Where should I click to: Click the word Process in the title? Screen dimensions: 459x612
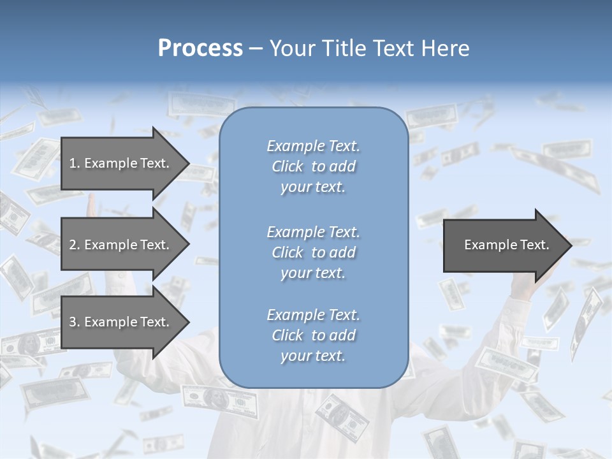(200, 48)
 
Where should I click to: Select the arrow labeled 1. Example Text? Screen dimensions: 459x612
(121, 163)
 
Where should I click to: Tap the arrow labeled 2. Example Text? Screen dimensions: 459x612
(121, 245)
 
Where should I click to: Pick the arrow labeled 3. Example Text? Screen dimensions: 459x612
(121, 322)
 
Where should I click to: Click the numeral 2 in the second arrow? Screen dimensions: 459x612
(73, 245)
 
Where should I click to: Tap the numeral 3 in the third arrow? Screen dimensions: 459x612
(73, 322)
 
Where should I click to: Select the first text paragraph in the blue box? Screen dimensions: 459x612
(313, 166)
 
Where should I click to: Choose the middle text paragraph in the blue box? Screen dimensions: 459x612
(313, 252)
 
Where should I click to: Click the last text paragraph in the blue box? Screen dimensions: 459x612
(313, 335)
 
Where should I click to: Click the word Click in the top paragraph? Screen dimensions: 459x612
(288, 166)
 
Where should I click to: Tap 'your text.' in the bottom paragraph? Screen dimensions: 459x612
(313, 356)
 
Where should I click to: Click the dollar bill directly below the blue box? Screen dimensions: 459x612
(342, 414)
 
